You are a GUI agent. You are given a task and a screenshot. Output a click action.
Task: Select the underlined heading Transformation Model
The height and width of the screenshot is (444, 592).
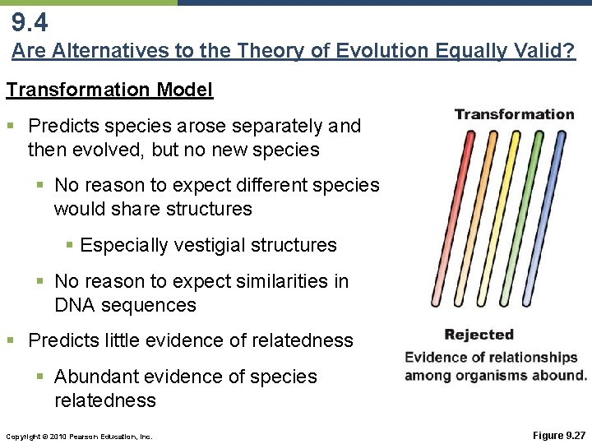109,90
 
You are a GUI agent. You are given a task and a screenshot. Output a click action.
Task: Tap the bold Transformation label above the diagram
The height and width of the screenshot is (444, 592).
514,114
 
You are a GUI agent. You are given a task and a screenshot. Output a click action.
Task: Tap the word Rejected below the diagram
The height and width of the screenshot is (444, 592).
479,335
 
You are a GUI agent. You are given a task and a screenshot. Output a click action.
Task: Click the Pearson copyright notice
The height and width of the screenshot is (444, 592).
77,436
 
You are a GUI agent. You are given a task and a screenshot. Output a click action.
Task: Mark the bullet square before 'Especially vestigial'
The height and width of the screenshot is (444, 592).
70,245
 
